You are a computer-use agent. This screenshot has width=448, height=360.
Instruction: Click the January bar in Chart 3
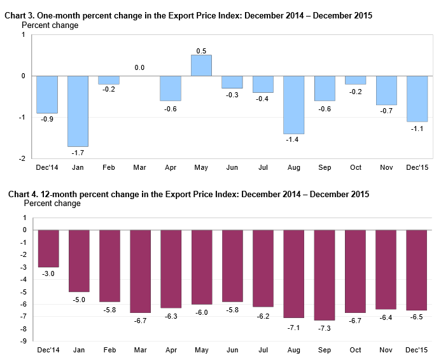point(78,111)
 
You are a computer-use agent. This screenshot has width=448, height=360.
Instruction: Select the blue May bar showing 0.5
point(202,66)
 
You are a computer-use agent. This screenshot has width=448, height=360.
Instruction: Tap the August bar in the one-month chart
point(294,105)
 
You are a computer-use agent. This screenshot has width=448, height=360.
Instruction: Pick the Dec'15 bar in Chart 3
point(417,99)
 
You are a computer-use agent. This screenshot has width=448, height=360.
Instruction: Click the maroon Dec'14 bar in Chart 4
point(48,248)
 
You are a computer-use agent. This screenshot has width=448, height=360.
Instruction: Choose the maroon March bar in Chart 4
point(140,271)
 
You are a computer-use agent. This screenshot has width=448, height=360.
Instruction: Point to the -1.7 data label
point(78,153)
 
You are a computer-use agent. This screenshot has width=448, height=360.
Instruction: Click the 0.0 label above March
point(139,67)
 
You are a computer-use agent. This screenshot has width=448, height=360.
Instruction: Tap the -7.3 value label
point(325,327)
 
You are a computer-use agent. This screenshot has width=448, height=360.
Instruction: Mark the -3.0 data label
point(48,273)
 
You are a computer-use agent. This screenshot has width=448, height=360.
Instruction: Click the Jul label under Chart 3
point(263,167)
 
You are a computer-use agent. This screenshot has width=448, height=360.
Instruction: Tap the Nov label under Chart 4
point(386,350)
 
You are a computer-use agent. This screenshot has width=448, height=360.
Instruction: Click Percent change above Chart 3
point(50,25)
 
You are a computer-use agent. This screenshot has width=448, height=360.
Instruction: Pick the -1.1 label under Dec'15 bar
point(417,128)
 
